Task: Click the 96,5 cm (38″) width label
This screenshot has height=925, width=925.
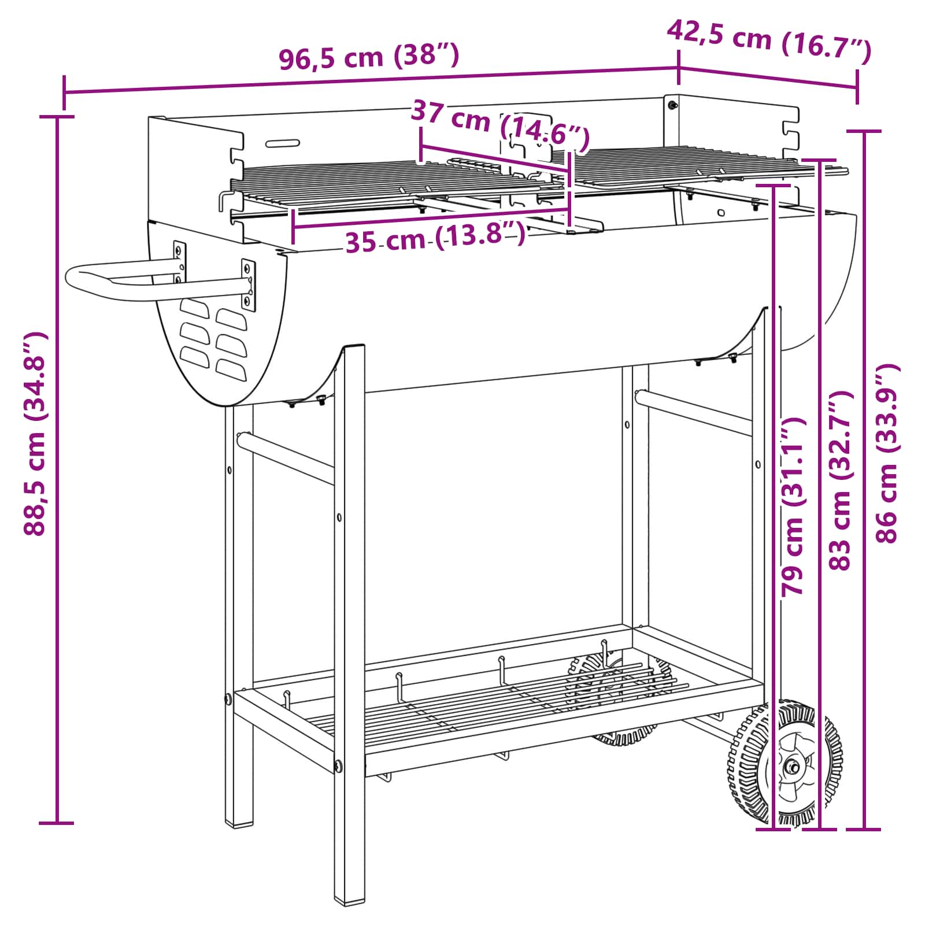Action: (x=369, y=57)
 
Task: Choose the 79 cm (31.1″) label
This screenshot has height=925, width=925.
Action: (x=793, y=506)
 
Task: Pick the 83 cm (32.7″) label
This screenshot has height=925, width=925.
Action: (x=841, y=481)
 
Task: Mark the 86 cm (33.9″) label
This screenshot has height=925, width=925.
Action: (x=888, y=453)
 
